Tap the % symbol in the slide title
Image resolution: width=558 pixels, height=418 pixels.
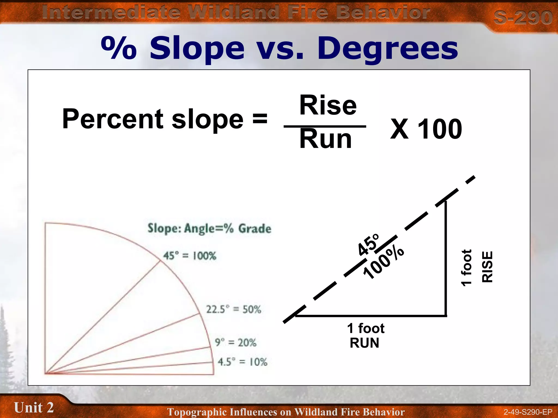click(119, 48)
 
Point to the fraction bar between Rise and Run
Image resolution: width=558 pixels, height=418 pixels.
click(325, 126)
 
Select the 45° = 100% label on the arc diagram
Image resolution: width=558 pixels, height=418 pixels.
click(189, 256)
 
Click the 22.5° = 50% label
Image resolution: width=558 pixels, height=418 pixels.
click(233, 309)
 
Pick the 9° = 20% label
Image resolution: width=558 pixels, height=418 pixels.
click(236, 342)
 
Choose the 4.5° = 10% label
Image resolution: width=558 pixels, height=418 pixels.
click(242, 362)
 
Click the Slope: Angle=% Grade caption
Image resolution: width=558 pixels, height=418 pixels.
click(209, 228)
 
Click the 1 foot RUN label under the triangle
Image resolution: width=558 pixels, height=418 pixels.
click(365, 335)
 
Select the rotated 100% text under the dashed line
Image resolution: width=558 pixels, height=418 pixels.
click(383, 263)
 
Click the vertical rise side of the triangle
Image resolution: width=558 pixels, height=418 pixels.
click(446, 259)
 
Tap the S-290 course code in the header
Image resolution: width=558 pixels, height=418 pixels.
click(523, 17)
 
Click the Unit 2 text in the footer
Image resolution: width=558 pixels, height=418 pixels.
click(34, 407)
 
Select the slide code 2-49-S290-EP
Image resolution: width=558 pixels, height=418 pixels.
click(528, 412)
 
